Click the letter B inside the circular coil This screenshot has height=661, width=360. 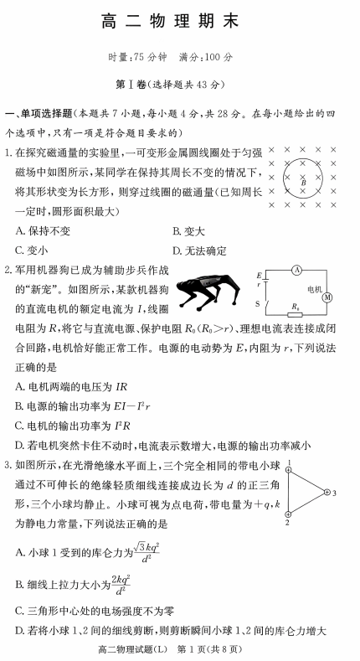coord(304,181)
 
